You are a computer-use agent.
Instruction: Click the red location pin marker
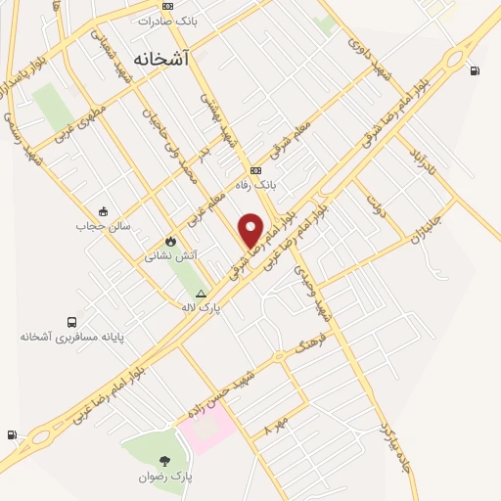(x=251, y=229)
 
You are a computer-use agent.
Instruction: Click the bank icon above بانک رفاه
(x=255, y=170)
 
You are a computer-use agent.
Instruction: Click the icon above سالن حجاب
(x=103, y=211)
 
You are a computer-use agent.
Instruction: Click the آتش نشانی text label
(x=171, y=255)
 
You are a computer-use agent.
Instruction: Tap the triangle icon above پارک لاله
(x=201, y=293)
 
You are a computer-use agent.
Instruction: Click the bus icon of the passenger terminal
(x=72, y=322)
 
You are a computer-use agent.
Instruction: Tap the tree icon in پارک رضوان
(x=163, y=461)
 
